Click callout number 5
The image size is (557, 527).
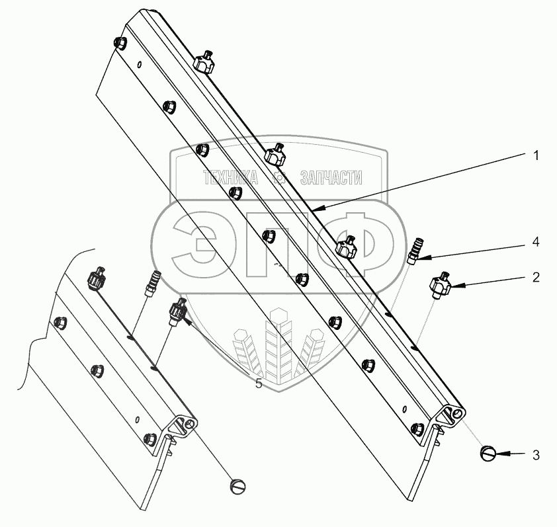coord(259,384)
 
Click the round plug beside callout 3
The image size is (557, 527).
coord(488,454)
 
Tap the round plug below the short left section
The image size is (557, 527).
coord(238,487)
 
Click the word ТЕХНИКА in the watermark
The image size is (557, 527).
coord(230,177)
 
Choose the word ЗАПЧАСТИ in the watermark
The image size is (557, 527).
coord(331,177)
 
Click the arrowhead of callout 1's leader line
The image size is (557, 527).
coord(316,210)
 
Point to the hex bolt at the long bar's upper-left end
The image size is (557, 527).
coord(120,43)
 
